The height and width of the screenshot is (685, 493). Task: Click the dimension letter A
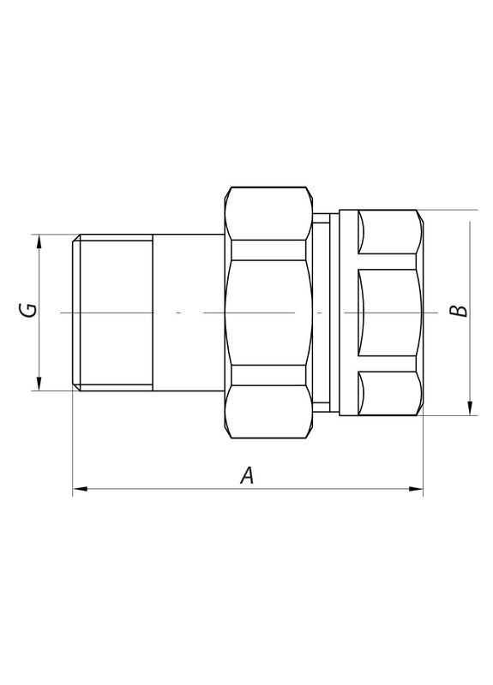click(x=247, y=475)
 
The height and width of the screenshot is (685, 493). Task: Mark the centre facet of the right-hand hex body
click(x=386, y=312)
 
